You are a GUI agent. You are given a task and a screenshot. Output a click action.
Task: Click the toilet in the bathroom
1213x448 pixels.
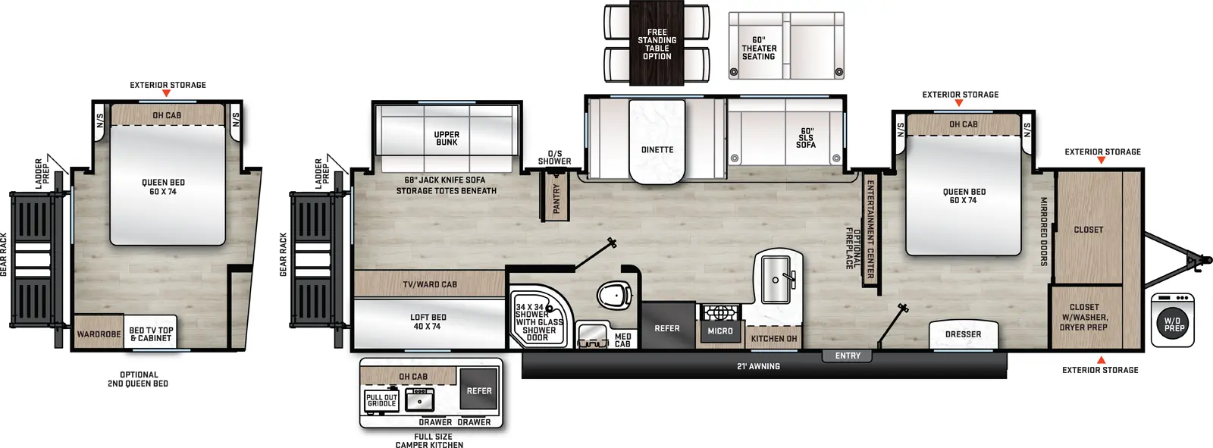point(615,295)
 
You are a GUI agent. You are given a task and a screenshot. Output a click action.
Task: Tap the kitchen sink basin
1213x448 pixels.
point(776,277)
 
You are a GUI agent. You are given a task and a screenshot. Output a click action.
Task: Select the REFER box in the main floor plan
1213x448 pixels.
point(667,328)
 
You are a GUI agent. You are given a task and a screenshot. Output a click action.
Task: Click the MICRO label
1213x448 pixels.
point(720,331)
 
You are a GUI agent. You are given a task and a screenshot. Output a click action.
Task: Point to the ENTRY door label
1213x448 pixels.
point(848,356)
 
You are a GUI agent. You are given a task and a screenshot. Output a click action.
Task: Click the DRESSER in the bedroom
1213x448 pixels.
point(963,334)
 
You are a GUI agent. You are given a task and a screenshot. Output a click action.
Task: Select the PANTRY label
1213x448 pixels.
point(556,199)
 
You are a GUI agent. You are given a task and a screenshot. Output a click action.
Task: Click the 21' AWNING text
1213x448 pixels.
point(758,366)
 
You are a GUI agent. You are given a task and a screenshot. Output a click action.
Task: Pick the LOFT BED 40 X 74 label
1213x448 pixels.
point(428,322)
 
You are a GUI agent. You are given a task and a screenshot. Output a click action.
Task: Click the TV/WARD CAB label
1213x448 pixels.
point(430,284)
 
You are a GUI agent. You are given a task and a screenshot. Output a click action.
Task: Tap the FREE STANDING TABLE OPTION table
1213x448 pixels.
point(657,44)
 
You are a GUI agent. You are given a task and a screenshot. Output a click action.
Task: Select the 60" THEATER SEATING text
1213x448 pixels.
point(759,49)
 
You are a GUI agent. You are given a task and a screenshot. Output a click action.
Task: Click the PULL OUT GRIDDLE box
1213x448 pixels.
point(381,400)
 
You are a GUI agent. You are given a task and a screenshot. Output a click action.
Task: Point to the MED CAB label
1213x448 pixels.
point(622,340)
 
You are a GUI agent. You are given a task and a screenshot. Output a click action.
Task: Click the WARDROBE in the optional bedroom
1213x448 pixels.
point(99,334)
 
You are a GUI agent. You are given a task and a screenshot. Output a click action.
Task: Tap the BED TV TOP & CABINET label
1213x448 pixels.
point(151,334)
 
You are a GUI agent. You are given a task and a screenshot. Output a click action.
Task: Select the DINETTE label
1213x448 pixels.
point(657,150)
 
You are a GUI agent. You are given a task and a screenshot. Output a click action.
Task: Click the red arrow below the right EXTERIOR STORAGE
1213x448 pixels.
point(1101,360)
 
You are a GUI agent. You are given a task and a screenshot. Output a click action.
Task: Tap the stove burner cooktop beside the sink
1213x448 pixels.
point(720,312)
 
